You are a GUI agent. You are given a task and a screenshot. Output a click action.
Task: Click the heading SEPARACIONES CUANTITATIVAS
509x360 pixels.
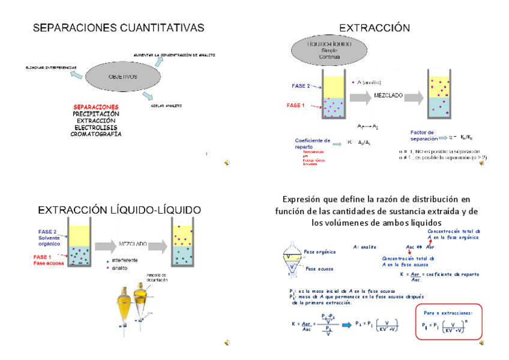point(118,28)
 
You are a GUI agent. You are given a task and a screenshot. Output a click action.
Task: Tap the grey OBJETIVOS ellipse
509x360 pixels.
point(122,77)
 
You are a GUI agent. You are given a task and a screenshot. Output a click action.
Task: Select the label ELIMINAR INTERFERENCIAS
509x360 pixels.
point(51,67)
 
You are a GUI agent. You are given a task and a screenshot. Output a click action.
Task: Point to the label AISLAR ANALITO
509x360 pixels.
point(166,106)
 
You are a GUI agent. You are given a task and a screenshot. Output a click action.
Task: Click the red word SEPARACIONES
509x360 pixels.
point(96,107)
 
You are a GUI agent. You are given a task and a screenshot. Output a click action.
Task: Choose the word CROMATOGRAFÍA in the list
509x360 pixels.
point(96,134)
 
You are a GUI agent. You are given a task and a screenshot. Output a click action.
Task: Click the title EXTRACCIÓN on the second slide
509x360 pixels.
point(375,28)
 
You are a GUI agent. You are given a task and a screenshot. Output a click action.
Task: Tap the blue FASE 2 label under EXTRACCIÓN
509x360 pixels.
point(301,86)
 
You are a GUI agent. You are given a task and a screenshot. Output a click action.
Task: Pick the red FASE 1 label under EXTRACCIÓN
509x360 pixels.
point(296,106)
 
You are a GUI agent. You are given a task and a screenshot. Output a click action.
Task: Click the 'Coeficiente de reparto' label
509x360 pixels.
point(312,143)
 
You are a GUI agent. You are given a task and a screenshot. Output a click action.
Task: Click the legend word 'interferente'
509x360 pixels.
point(125,260)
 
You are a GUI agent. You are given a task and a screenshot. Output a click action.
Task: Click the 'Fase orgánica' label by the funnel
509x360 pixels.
point(320,252)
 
